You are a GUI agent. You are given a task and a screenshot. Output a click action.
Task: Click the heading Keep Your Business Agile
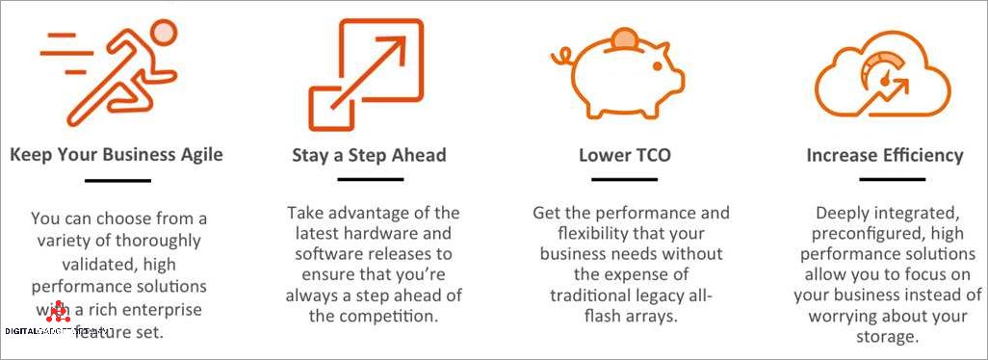coord(117,154)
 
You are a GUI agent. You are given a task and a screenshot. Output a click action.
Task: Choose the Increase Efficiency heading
coord(884,155)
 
